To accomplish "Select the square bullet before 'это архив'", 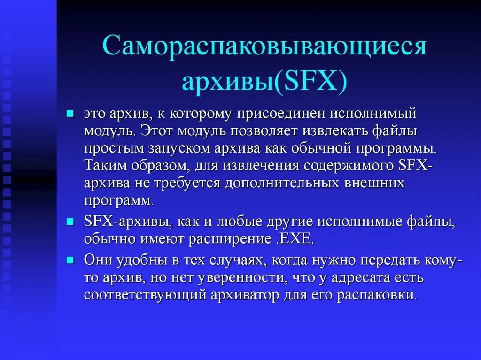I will (x=70, y=114).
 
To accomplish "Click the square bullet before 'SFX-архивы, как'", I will (x=70, y=222).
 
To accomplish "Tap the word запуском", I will (x=173, y=150).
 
